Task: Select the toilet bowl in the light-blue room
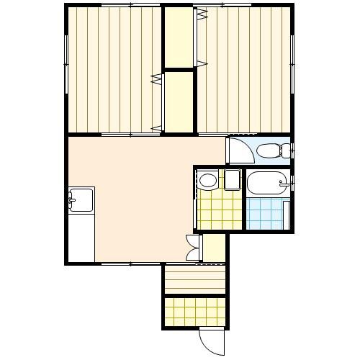click(x=268, y=150)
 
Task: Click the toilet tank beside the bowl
click(x=286, y=150)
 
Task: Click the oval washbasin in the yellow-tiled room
click(x=208, y=179)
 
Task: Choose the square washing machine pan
click(x=232, y=179)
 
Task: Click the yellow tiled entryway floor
click(x=195, y=312)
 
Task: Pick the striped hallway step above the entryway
click(x=195, y=279)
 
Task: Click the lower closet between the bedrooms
click(x=179, y=101)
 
